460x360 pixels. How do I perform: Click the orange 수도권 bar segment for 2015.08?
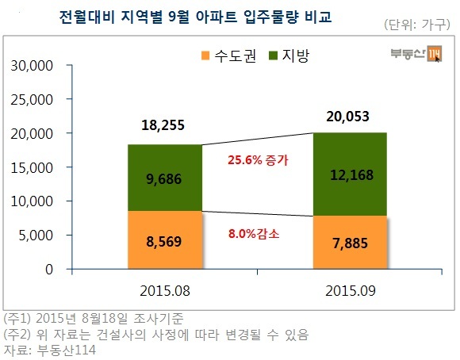click(x=165, y=239)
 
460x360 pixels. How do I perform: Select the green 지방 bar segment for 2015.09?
click(x=350, y=174)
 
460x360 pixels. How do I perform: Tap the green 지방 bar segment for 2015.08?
click(x=165, y=178)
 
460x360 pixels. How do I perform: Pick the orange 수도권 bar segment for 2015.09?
click(x=350, y=243)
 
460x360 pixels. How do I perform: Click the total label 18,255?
click(x=163, y=125)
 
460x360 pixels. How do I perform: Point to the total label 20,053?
click(x=347, y=117)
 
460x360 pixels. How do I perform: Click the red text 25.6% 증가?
click(x=259, y=160)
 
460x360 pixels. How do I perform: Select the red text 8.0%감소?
click(x=254, y=234)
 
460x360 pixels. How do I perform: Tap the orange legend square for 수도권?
click(x=205, y=56)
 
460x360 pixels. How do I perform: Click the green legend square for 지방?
click(x=273, y=56)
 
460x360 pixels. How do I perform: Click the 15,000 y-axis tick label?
click(x=32, y=168)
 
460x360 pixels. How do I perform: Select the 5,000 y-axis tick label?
click(x=36, y=236)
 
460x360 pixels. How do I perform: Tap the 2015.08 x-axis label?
click(x=165, y=291)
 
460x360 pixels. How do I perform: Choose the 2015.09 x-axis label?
click(x=351, y=291)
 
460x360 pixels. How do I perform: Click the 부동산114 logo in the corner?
click(x=416, y=54)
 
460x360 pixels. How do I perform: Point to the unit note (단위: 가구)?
click(x=417, y=25)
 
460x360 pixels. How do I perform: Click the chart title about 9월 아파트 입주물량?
click(x=195, y=17)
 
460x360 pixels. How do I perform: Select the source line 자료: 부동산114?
click(x=50, y=350)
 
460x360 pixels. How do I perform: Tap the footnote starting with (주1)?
click(x=94, y=318)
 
